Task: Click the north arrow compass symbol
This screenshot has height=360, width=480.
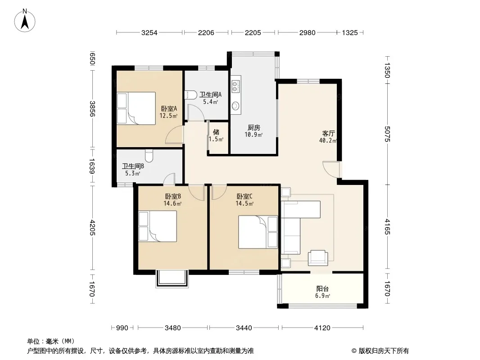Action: pyautogui.click(x=25, y=21)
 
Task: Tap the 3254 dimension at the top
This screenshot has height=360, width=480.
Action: pyautogui.click(x=149, y=32)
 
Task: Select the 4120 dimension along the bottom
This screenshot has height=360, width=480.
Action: pyautogui.click(x=322, y=328)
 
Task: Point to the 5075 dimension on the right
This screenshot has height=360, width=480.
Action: pyautogui.click(x=387, y=134)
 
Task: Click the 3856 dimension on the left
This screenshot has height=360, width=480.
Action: pyautogui.click(x=92, y=109)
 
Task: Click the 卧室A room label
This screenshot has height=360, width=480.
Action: pyautogui.click(x=169, y=108)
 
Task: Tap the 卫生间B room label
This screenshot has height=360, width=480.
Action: pyautogui.click(x=133, y=166)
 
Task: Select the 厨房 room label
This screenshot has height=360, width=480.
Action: pyautogui.click(x=254, y=127)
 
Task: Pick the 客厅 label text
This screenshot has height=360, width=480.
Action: pyautogui.click(x=328, y=133)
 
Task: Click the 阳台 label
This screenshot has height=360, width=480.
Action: pyautogui.click(x=322, y=288)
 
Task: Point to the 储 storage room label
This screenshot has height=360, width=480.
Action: pyautogui.click(x=216, y=132)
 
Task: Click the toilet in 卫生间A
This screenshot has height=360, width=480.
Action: pyautogui.click(x=191, y=95)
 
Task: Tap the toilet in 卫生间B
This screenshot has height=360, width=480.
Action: pyautogui.click(x=149, y=156)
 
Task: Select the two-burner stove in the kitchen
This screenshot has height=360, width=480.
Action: pyautogui.click(x=235, y=86)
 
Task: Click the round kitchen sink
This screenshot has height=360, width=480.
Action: pyautogui.click(x=235, y=106)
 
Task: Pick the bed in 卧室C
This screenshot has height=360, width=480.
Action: pyautogui.click(x=258, y=232)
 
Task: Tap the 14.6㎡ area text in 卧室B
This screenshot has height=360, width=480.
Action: pyautogui.click(x=172, y=203)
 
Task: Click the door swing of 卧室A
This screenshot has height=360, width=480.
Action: pyautogui.click(x=174, y=135)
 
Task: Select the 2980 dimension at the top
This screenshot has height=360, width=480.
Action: pyautogui.click(x=308, y=32)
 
